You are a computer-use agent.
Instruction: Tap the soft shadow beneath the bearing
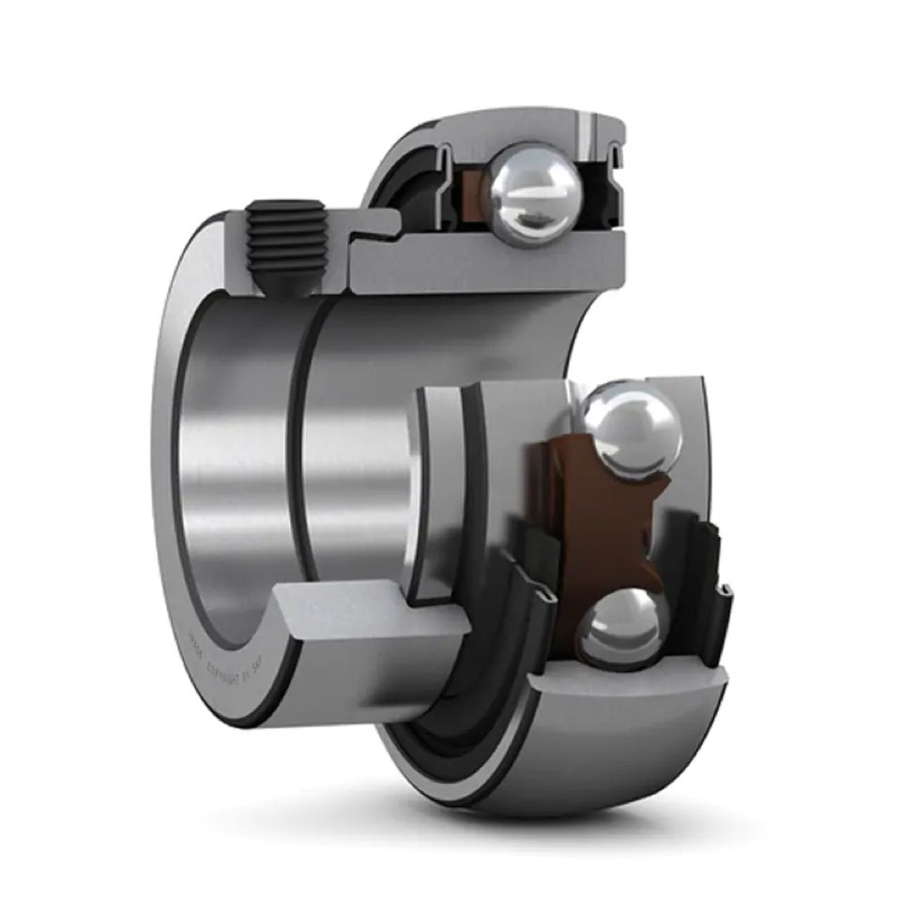click(x=563, y=826)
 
